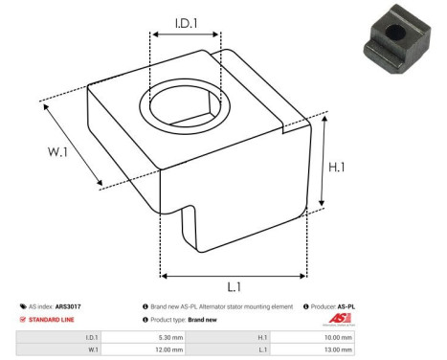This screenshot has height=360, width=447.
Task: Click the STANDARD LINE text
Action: [55, 319]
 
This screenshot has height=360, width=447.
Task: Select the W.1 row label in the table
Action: [92, 350]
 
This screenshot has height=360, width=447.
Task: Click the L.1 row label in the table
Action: [263, 350]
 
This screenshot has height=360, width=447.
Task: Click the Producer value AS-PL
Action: [346, 306]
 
